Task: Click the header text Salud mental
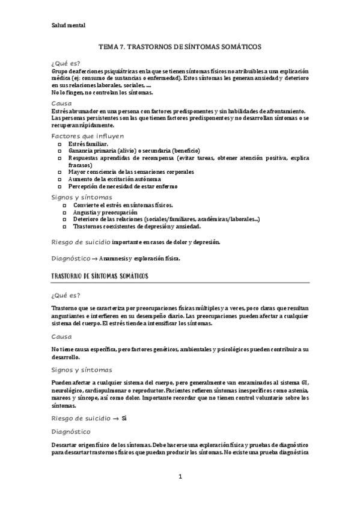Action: (69, 26)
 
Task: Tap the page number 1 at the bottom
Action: (180, 476)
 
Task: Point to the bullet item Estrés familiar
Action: (88, 144)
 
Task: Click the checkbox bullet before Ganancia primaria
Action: (59, 151)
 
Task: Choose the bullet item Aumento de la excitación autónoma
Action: (114, 179)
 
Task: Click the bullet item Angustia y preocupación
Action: (105, 212)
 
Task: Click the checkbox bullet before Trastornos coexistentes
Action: (65, 227)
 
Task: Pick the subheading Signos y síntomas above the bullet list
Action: (81, 197)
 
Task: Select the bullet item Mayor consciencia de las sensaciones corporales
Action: (130, 172)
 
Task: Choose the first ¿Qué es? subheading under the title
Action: (66, 63)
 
